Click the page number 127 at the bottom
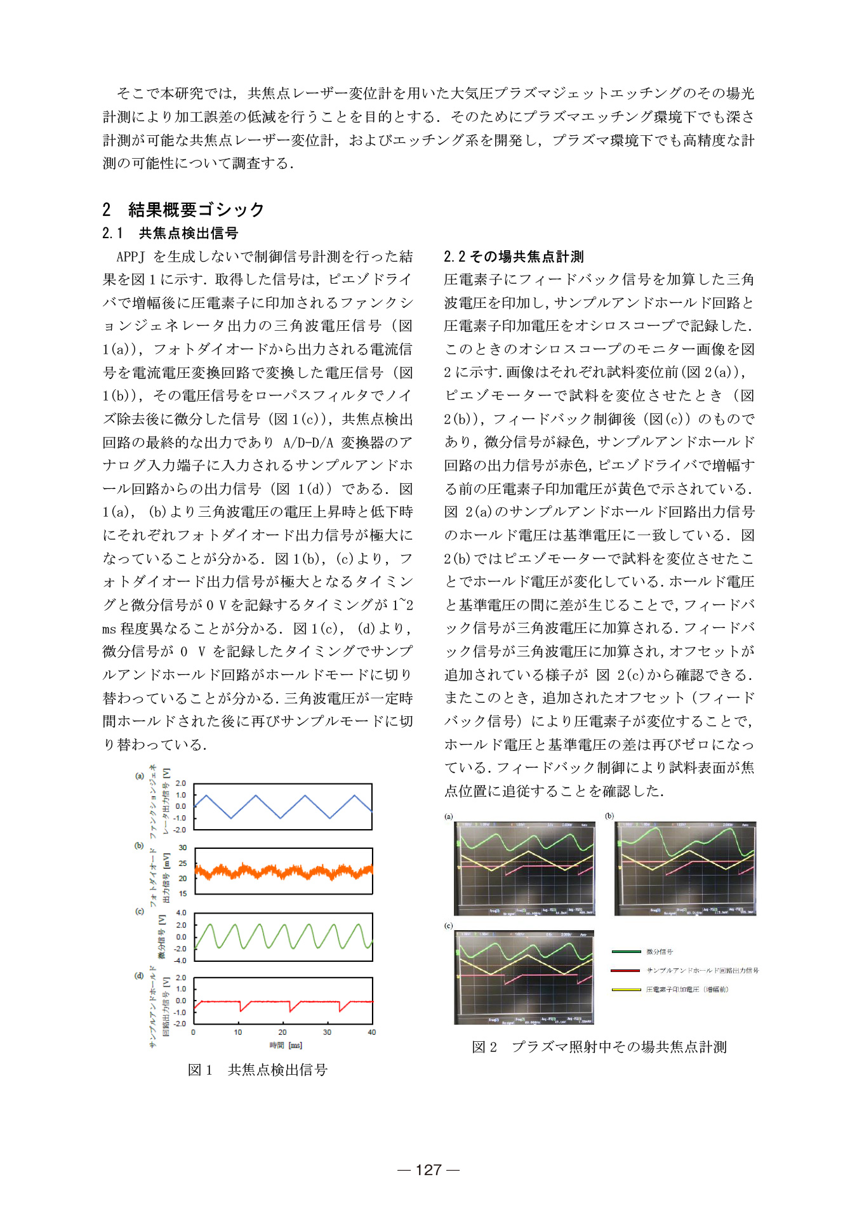click(428, 1169)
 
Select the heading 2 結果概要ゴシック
click(183, 210)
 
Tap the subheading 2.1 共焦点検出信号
click(170, 233)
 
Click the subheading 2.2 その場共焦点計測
click(514, 256)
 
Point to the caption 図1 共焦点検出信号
click(258, 1070)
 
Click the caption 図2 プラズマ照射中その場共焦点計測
click(599, 1047)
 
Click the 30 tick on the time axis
click(327, 1032)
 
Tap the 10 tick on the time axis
click(238, 1032)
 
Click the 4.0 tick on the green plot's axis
click(181, 913)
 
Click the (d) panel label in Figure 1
click(138, 976)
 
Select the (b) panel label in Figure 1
click(138, 846)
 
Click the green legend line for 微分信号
click(626, 952)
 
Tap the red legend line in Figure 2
click(626, 970)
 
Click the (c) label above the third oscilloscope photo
click(448, 926)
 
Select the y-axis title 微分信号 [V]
click(163, 936)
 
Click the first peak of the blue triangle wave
click(205, 795)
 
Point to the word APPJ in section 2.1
click(131, 256)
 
